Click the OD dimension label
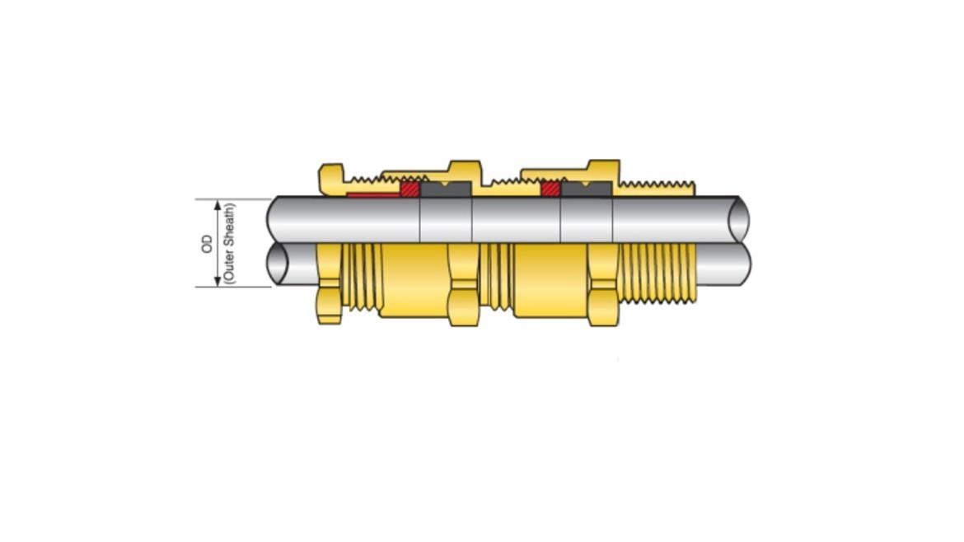(x=207, y=243)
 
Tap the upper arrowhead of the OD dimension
(x=218, y=204)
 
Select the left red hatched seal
(x=409, y=189)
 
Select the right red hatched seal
(x=550, y=189)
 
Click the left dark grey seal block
(x=445, y=189)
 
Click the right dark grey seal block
(x=586, y=189)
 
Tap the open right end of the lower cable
(x=741, y=264)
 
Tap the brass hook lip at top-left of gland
(x=330, y=175)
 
